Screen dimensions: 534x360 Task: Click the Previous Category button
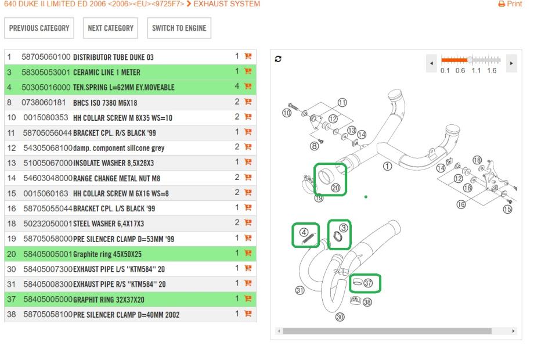pos(39,28)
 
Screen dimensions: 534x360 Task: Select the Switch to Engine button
pos(179,28)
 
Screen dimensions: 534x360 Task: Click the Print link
pos(510,4)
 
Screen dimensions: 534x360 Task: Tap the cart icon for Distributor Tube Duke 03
pos(248,56)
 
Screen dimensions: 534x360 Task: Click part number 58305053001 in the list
pos(46,72)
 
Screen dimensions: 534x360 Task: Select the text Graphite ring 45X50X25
pos(107,254)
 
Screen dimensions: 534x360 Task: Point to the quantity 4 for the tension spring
pos(237,86)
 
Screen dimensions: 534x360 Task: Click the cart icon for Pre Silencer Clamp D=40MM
pos(248,314)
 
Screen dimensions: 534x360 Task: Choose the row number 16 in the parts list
pos(12,208)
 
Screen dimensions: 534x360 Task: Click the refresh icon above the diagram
pos(278,59)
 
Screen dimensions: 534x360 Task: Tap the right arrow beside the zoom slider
pos(511,63)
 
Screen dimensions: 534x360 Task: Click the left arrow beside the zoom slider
pos(431,63)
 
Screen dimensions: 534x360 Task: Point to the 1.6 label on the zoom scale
pos(492,70)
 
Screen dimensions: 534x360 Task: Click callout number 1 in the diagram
pos(388,166)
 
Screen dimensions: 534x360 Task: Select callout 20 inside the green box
pos(336,188)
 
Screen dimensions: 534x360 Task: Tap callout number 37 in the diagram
pos(368,283)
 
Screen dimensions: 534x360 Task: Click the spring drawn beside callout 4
pos(309,239)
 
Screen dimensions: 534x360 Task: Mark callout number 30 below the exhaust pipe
pos(340,317)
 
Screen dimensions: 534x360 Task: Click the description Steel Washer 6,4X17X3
pos(109,224)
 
